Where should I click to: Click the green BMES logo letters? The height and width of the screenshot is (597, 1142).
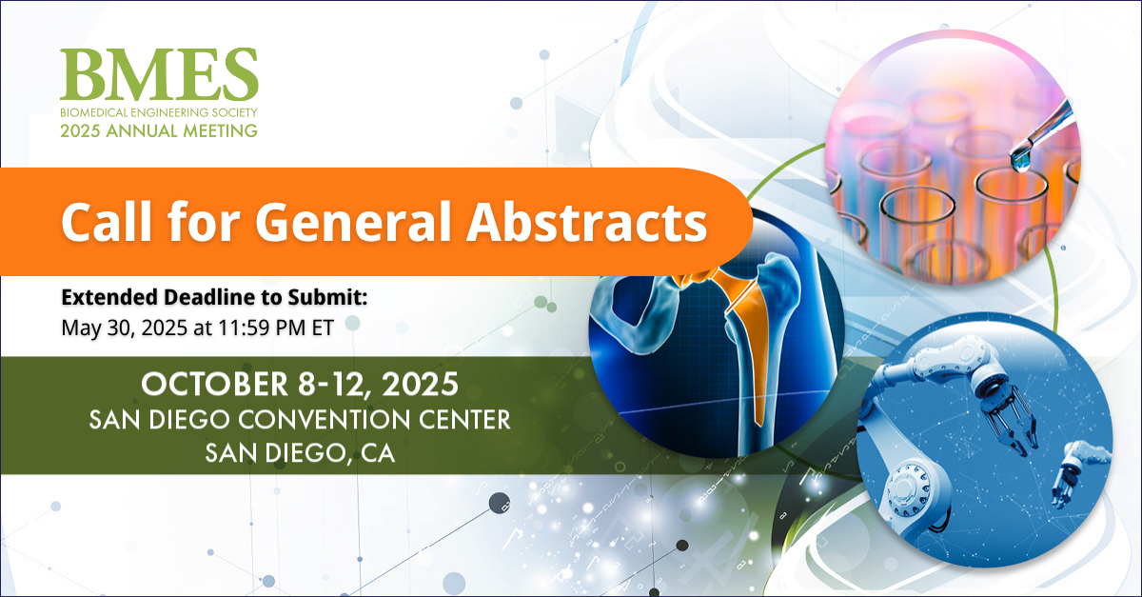point(158,75)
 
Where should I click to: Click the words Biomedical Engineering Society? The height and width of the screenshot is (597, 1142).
point(158,112)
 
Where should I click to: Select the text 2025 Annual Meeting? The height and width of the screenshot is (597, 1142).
point(158,130)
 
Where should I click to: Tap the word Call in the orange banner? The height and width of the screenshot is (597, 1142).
point(101,221)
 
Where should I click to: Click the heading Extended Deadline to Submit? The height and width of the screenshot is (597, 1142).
point(213,298)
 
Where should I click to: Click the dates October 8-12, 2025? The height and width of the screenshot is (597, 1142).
point(300,385)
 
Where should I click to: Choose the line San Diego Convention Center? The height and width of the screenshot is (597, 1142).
point(300,420)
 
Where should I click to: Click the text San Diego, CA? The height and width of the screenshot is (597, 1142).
point(300,454)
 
